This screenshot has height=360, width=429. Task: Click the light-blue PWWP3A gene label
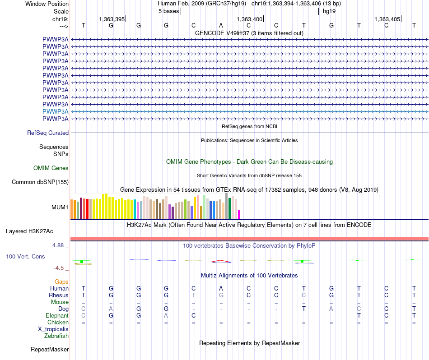tap(56, 111)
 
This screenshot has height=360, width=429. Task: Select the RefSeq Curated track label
tap(48, 133)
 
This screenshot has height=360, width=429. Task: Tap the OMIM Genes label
tap(51, 168)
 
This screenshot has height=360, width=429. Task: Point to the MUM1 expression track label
tap(61, 208)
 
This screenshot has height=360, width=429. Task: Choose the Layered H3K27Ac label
tap(29, 231)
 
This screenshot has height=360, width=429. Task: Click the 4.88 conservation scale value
tap(60, 246)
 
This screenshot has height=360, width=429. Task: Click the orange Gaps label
tap(61, 282)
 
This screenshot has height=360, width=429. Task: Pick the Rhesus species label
tap(59, 295)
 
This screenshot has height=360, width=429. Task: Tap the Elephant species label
tap(57, 316)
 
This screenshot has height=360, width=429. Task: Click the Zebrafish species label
tap(56, 336)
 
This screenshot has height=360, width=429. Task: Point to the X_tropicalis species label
tap(53, 329)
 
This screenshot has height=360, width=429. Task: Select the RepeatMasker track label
tap(50, 350)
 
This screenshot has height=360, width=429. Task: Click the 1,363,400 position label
tap(249, 19)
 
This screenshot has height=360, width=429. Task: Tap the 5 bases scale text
tap(168, 11)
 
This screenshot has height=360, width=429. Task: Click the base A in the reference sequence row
tap(221, 25)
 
